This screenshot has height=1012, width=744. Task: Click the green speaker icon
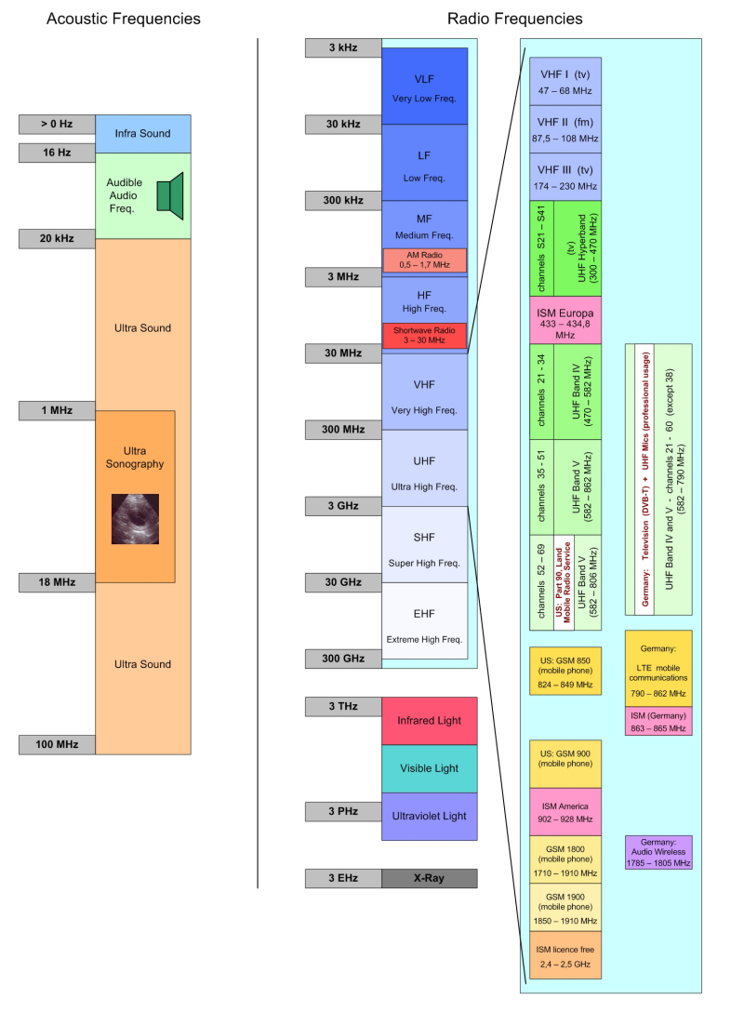click(164, 195)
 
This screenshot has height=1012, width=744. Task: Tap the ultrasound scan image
click(135, 518)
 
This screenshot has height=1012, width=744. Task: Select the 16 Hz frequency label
click(57, 152)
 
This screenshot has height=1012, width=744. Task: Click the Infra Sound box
click(142, 133)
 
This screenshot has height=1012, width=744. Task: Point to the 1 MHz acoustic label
click(57, 410)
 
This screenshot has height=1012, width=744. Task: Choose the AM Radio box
click(424, 260)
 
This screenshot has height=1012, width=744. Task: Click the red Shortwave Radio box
click(424, 335)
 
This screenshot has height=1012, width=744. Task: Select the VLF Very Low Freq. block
click(424, 86)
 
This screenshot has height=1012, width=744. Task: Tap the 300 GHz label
click(343, 659)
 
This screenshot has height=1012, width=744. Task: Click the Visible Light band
click(429, 768)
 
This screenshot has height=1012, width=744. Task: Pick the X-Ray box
click(429, 878)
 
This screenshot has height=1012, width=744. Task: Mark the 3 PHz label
click(343, 811)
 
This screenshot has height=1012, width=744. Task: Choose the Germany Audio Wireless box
click(658, 852)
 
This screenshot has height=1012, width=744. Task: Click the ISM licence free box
click(565, 955)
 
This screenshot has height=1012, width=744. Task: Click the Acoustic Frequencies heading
click(124, 19)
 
